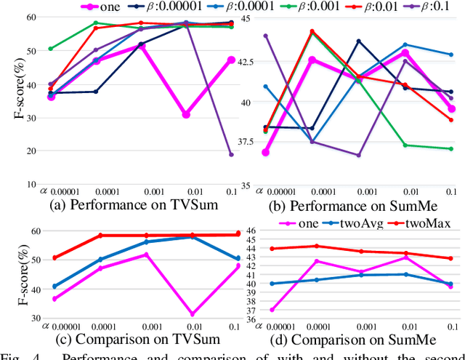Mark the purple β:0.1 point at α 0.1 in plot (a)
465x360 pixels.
pos(231,154)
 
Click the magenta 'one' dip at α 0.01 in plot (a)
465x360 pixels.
pos(186,114)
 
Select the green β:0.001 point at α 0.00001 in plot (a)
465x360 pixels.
pos(51,49)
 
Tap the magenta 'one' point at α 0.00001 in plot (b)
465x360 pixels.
pos(266,152)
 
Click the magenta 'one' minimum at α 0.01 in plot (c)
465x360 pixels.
pos(191,314)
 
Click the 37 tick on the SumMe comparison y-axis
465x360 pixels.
pos(248,310)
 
